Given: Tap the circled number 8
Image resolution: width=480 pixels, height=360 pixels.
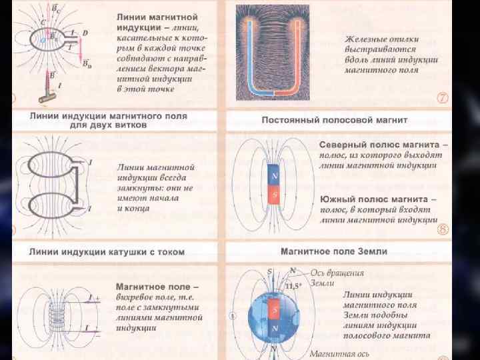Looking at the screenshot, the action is [443, 229].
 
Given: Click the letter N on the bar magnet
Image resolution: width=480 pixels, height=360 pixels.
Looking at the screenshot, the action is [274, 177].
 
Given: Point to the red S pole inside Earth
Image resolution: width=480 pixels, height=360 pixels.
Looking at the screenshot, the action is [274, 309].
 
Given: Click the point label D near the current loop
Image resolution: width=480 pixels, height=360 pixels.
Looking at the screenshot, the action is [85, 33].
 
